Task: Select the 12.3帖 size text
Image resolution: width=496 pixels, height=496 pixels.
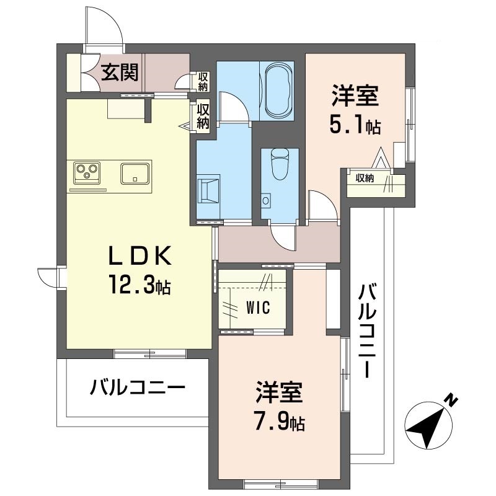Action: pos(140,286)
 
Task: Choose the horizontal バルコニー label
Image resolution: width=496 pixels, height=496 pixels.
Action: pos(137,389)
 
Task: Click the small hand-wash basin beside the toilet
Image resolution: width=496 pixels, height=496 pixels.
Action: pos(267,200)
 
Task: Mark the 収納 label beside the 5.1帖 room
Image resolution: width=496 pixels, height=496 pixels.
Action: pos(365,179)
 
